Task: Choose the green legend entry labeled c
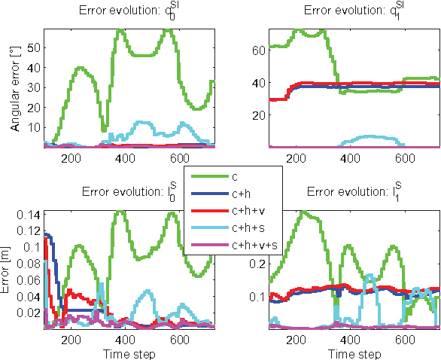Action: pyautogui.click(x=236, y=177)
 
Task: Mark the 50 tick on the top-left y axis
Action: pyautogui.click(x=35, y=46)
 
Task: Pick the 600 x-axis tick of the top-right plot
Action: pyautogui.click(x=406, y=158)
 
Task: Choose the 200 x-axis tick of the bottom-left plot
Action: pyautogui.click(x=72, y=340)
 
